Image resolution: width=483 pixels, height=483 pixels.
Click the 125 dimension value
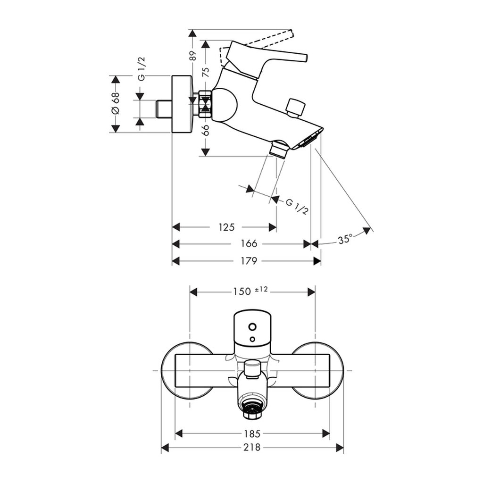(x=226, y=227)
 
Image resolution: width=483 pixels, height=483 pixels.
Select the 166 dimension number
(x=249, y=244)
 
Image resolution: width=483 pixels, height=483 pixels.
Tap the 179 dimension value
(x=249, y=261)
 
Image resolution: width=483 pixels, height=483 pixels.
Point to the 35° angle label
(x=345, y=240)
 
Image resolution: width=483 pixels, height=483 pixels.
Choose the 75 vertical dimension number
(x=205, y=72)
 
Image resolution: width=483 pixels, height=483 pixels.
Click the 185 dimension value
(x=252, y=433)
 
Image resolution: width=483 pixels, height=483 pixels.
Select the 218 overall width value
(x=252, y=448)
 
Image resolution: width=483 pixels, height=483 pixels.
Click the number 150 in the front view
(x=241, y=291)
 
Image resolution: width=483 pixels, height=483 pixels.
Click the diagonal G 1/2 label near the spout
(x=297, y=207)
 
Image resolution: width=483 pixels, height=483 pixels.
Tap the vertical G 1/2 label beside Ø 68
(x=142, y=69)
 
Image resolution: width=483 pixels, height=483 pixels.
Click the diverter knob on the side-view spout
(x=296, y=108)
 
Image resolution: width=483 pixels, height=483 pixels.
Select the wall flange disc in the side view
(x=182, y=104)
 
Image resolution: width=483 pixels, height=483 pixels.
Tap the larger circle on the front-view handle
(x=252, y=326)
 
